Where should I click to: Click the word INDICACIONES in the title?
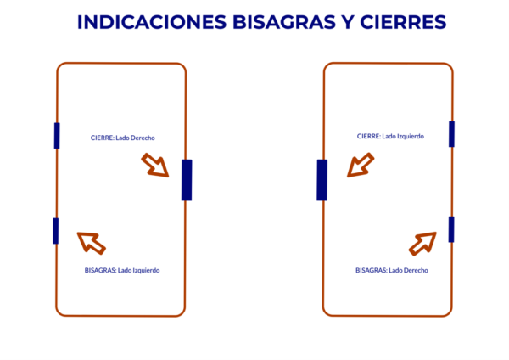click(x=152, y=22)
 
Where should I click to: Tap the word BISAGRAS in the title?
click(x=284, y=22)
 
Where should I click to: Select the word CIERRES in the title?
click(x=403, y=22)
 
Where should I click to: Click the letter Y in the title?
click(x=348, y=22)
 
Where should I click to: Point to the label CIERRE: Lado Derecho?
click(x=123, y=138)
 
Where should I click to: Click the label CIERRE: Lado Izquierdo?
click(x=390, y=136)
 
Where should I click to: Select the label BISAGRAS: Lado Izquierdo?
click(x=122, y=270)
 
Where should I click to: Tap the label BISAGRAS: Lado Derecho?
click(x=392, y=270)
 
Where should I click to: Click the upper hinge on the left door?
click(x=57, y=136)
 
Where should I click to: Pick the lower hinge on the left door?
click(x=56, y=231)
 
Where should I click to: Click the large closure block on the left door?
click(x=187, y=180)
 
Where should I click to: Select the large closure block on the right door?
click(x=322, y=180)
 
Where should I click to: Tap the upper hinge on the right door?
click(x=451, y=134)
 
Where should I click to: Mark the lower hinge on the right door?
click(x=451, y=229)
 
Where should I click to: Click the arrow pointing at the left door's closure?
click(x=155, y=166)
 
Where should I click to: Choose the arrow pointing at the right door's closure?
click(x=361, y=166)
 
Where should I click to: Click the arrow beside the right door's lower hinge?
click(x=422, y=244)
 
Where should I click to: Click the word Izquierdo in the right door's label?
click(x=411, y=136)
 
